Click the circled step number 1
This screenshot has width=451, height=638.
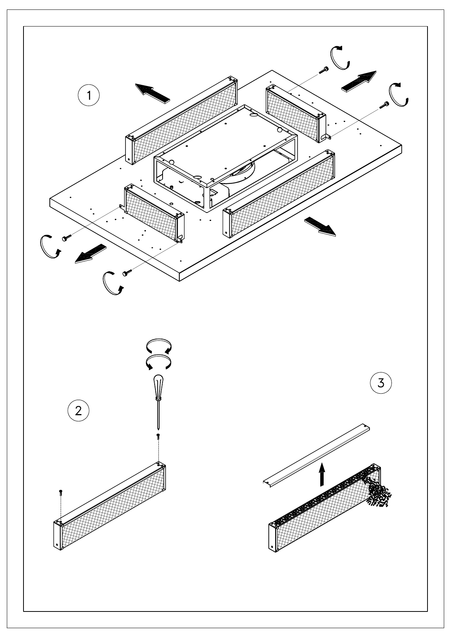pos(89,95)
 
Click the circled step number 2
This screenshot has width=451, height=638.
pos(78,411)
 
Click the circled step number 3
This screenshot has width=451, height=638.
pos(381,383)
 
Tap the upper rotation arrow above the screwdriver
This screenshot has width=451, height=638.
pos(159,346)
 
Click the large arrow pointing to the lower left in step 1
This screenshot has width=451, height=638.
pos(91,253)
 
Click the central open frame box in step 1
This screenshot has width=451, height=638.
pos(225,158)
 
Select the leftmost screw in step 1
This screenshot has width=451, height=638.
pos(67,237)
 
